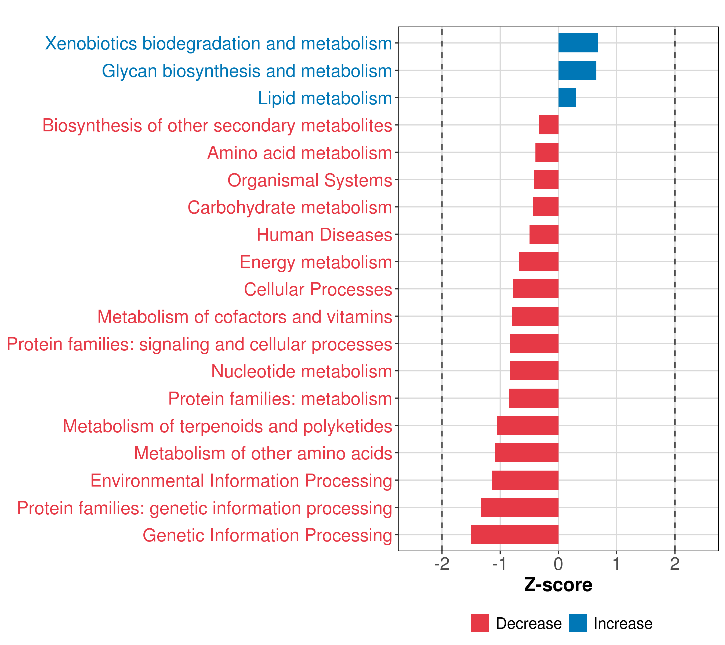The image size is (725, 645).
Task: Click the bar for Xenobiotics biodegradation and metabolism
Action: point(578,43)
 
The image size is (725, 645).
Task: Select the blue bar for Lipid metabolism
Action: point(567,98)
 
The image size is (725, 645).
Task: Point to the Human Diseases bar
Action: point(544,234)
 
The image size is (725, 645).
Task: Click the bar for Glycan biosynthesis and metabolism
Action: point(577,70)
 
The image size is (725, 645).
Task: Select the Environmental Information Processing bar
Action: point(525,480)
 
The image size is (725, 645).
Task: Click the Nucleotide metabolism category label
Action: point(302,371)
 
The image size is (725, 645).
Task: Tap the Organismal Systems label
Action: point(310,180)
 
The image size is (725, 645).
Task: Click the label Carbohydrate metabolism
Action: point(289,208)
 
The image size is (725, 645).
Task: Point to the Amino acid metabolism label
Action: point(299,153)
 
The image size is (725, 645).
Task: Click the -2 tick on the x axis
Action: point(442,564)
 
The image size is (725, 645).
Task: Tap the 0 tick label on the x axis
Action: point(558,564)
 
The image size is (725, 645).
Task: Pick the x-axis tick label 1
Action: point(617,564)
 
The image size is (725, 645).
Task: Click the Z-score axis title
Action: point(558,585)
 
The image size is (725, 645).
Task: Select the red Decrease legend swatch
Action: point(480,623)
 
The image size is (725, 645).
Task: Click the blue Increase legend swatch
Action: point(577,623)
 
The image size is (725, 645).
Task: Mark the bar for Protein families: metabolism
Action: point(534,398)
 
